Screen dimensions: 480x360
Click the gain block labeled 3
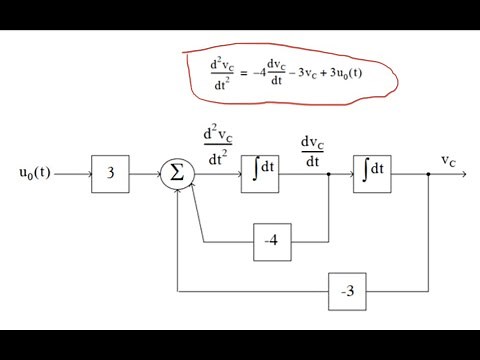click(111, 175)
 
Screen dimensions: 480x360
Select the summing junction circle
click(177, 175)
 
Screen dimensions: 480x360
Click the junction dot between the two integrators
click(329, 175)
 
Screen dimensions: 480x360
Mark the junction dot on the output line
click(428, 175)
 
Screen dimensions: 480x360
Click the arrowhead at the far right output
click(461, 175)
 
